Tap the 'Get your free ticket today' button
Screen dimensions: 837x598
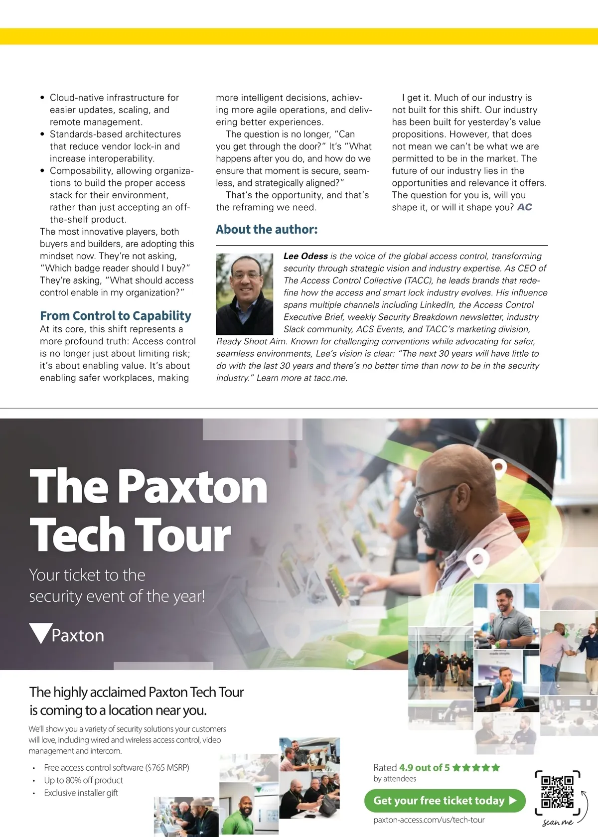445,801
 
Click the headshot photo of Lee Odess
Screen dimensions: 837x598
244,294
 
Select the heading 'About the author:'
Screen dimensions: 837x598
267,230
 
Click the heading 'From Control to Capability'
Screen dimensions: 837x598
116,316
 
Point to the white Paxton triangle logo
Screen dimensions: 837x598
40,633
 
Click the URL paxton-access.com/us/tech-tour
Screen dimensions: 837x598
429,820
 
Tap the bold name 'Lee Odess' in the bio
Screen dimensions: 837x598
305,256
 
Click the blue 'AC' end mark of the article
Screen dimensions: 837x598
525,207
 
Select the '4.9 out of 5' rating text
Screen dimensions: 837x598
424,768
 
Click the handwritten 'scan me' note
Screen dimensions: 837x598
558,823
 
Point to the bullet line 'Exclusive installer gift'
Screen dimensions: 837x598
81,793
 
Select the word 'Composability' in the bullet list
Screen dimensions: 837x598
81,171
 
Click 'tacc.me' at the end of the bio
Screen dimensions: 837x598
330,378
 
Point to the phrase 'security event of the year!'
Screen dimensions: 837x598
117,596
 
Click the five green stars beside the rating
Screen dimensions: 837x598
476,768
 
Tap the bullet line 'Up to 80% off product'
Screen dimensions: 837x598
83,780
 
